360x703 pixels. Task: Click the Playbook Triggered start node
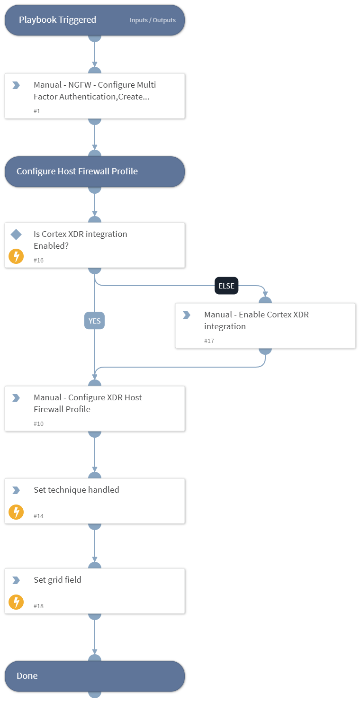click(x=57, y=20)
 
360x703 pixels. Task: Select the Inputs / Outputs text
click(x=153, y=20)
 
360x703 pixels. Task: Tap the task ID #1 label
click(x=37, y=111)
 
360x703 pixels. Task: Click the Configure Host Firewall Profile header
click(x=77, y=171)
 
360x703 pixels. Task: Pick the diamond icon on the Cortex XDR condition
click(x=16, y=234)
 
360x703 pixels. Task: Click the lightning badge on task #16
click(x=16, y=257)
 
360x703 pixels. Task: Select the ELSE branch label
click(x=226, y=286)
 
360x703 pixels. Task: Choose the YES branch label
click(x=95, y=321)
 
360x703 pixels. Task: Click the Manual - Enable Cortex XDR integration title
click(x=256, y=320)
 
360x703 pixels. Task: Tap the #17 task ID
click(x=209, y=341)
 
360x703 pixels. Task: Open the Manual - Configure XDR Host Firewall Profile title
click(x=88, y=403)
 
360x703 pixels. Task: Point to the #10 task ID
click(x=38, y=424)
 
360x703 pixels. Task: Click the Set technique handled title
click(x=76, y=490)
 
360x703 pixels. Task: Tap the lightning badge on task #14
click(x=16, y=512)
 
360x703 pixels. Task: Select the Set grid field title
click(x=57, y=580)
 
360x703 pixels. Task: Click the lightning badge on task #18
click(x=16, y=602)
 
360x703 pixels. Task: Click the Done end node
click(x=95, y=676)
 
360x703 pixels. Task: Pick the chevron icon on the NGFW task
click(x=16, y=85)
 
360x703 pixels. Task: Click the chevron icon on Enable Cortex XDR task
click(x=187, y=315)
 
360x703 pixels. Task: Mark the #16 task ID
click(x=38, y=260)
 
